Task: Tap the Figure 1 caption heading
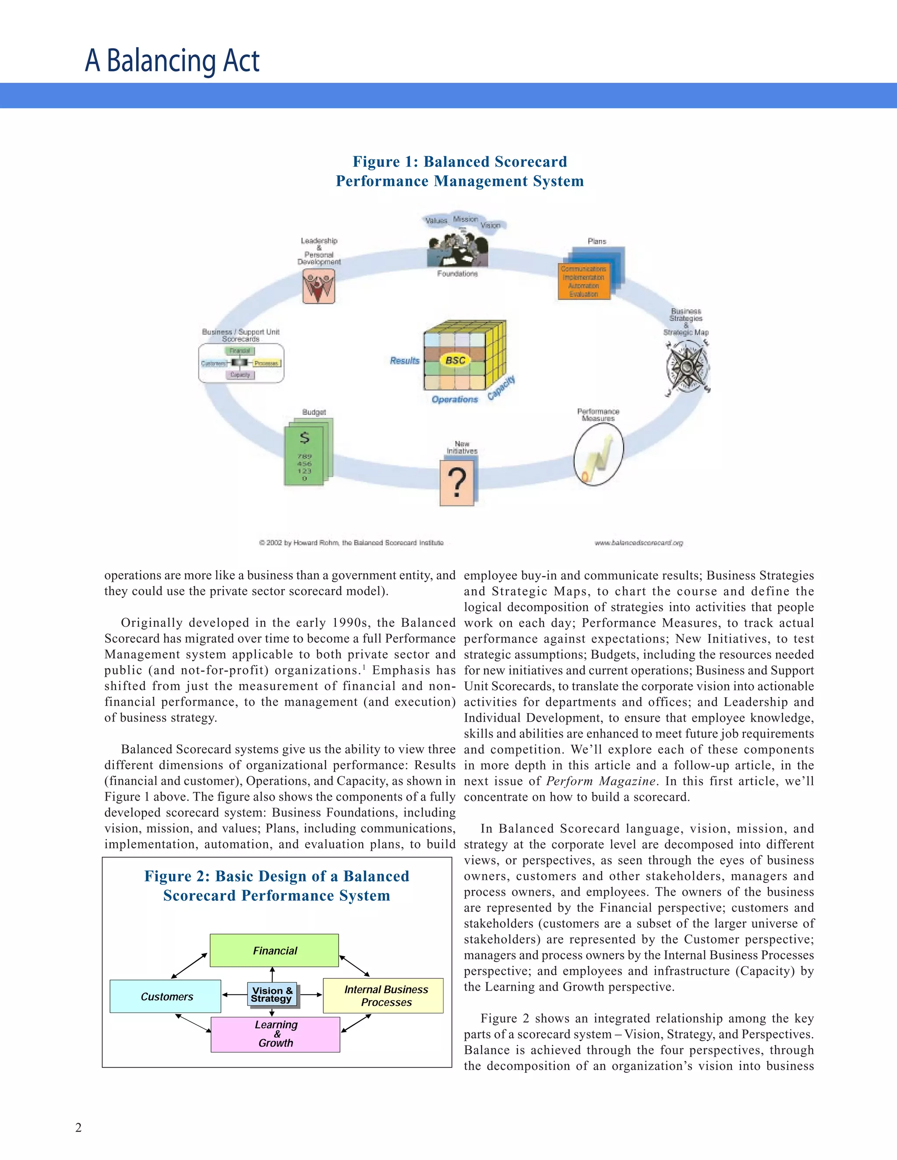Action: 459,171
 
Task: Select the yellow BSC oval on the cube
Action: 456,360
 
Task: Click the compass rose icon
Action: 687,366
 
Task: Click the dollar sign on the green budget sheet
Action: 304,438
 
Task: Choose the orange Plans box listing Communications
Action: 583,281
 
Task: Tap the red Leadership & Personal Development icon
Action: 318,286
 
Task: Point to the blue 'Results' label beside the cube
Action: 404,361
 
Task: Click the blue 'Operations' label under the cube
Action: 454,399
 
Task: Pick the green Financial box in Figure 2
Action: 274,951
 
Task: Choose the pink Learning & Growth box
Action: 275,1034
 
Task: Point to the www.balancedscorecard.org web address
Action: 638,543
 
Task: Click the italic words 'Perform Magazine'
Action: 600,781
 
